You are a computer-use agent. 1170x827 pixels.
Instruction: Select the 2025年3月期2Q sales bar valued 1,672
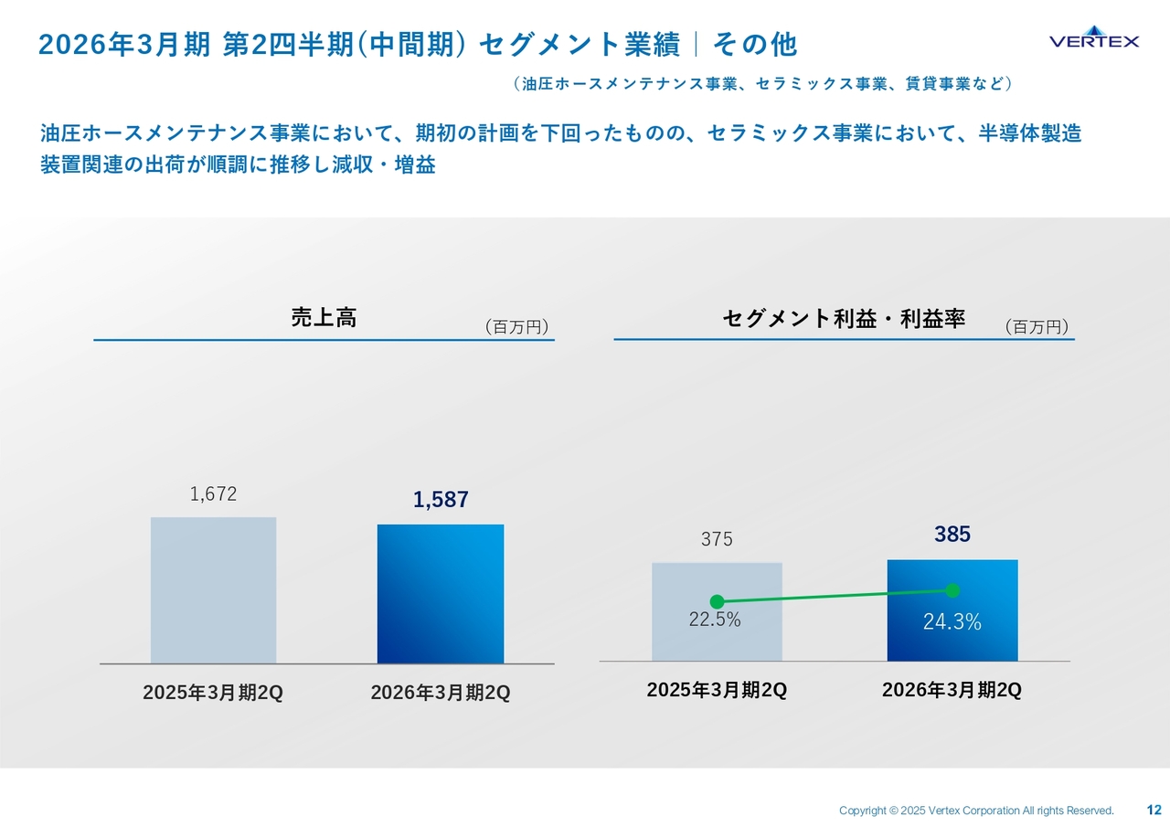click(213, 589)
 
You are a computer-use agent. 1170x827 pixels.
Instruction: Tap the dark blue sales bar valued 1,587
click(440, 593)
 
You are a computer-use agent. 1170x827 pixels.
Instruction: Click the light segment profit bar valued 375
click(717, 611)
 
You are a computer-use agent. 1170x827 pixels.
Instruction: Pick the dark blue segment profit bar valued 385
click(952, 610)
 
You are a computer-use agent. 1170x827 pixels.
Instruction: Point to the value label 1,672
click(213, 494)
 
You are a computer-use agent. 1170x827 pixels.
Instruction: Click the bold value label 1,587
click(440, 500)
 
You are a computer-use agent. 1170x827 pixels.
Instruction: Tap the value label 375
click(717, 540)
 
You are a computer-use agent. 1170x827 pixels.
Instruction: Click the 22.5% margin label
click(714, 620)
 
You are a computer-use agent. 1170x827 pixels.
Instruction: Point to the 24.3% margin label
click(952, 623)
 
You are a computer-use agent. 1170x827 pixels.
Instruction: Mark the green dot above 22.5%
click(717, 601)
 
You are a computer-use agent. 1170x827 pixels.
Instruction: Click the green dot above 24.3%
click(952, 590)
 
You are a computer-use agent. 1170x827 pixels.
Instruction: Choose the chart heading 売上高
click(323, 318)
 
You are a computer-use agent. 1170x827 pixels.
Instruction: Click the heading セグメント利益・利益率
click(843, 319)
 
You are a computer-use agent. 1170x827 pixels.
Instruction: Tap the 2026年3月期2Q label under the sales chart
click(440, 694)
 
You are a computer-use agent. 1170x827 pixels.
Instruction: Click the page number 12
click(1154, 810)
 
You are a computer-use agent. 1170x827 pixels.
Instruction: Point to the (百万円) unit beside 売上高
click(516, 327)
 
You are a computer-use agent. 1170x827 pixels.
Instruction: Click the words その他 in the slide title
click(755, 44)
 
